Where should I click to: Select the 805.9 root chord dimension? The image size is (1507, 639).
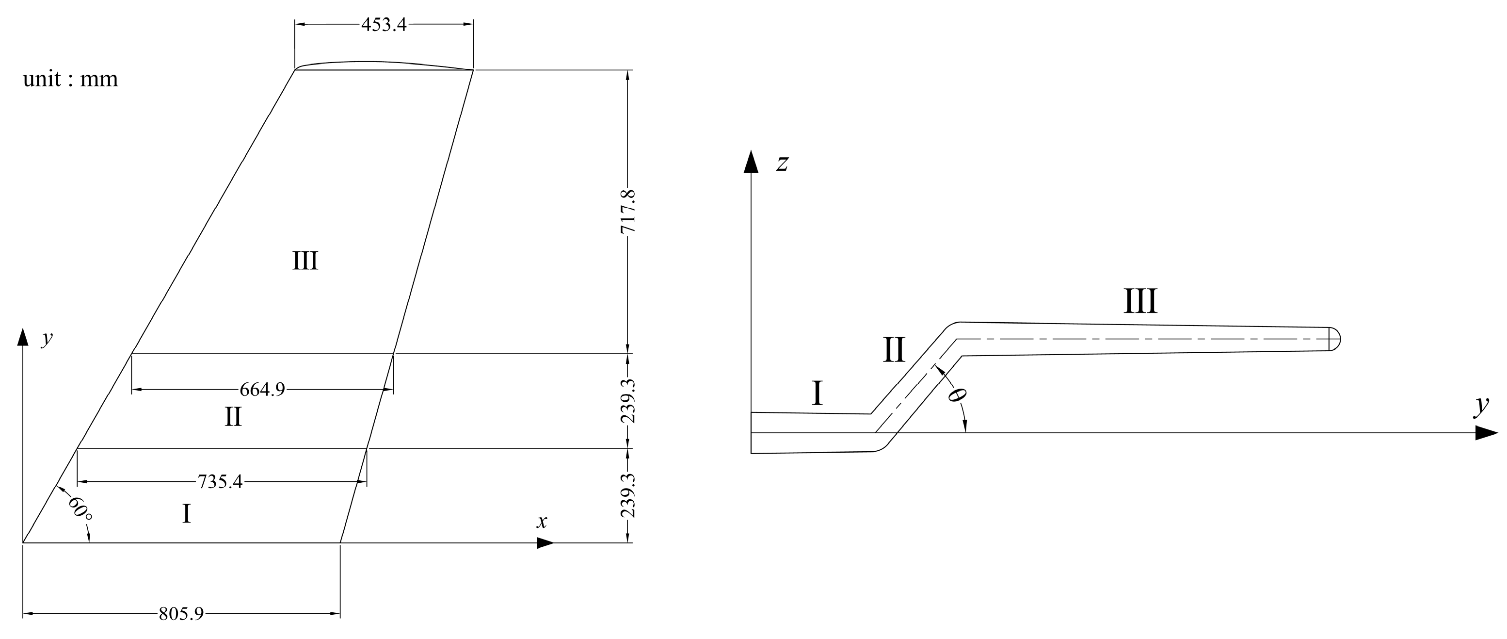(181, 614)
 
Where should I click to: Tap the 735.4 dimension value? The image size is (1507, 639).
(220, 482)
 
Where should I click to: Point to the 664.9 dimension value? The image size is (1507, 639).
(262, 389)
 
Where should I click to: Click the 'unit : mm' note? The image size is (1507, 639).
(70, 79)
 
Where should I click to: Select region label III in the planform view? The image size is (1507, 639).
(305, 261)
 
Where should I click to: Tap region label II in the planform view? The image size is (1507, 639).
(233, 418)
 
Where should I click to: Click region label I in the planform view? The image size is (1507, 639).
(186, 514)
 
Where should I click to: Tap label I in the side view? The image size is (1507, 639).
(818, 394)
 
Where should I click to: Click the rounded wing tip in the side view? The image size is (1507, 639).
(1334, 339)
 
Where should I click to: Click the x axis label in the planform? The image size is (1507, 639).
(542, 522)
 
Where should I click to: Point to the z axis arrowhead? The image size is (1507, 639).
(751, 162)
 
